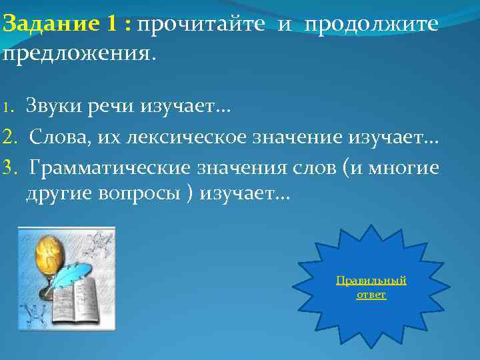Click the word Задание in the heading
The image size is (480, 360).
pyautogui.click(x=51, y=25)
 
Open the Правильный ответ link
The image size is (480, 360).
pyautogui.click(x=371, y=287)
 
